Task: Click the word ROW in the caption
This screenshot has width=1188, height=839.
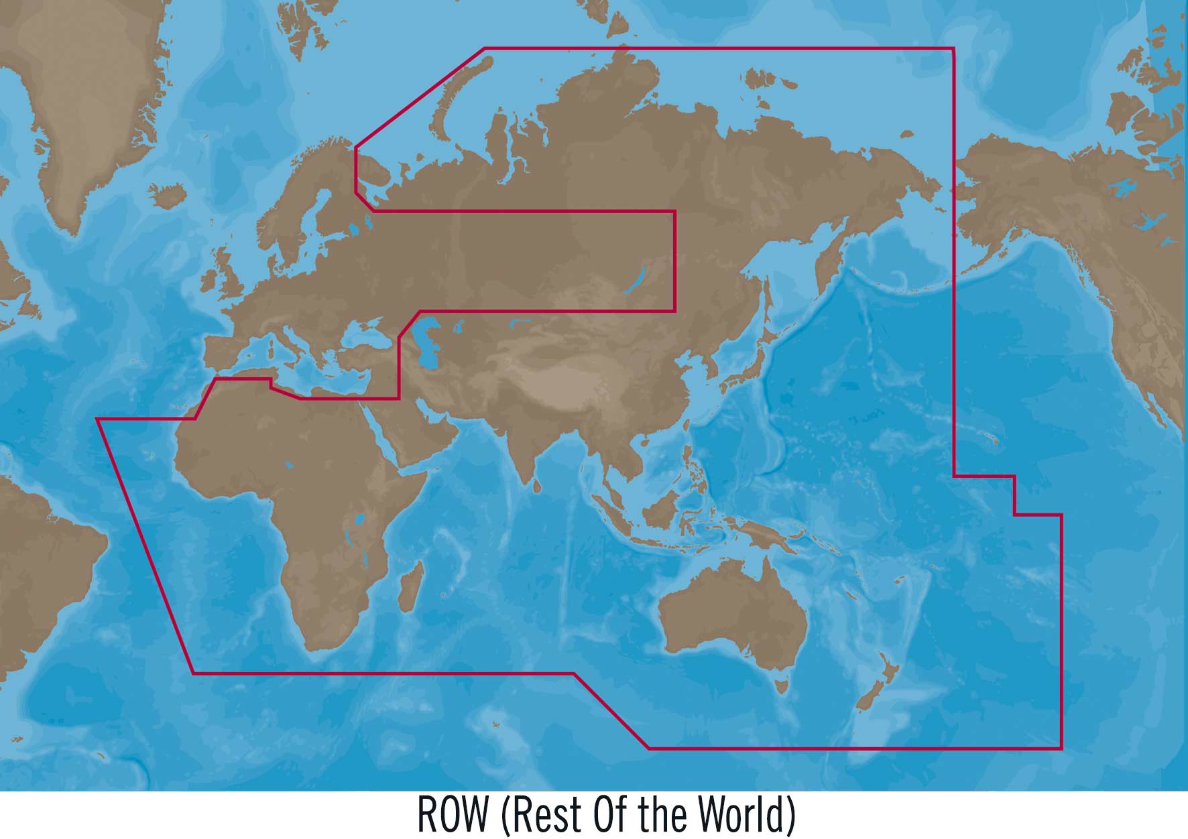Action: click(x=453, y=814)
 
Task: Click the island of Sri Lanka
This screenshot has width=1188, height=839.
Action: click(x=536, y=485)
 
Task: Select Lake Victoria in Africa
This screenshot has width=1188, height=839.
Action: click(x=360, y=519)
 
